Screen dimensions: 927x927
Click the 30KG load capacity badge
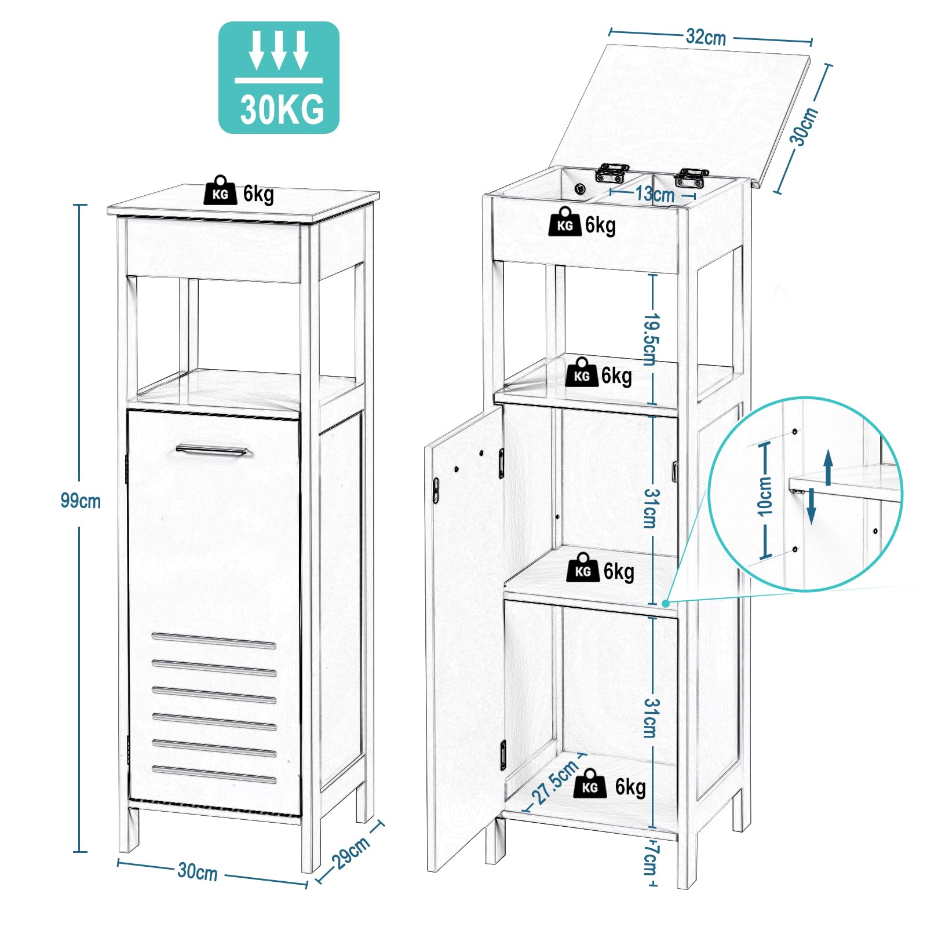click(279, 78)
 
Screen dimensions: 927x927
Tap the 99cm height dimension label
click(81, 501)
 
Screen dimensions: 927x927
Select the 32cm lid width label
click(706, 37)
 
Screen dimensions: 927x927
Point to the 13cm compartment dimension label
click(655, 194)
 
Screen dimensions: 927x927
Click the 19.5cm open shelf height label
click(651, 340)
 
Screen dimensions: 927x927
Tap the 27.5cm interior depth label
click(556, 782)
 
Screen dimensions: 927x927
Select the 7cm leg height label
click(650, 860)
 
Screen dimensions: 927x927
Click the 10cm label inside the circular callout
click(765, 497)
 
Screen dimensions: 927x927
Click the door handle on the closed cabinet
click(212, 450)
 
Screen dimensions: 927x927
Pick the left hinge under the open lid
click(612, 172)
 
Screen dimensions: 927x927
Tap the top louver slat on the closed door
click(214, 640)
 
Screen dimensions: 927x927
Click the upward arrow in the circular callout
click(829, 466)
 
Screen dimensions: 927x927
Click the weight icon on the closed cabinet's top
click(220, 191)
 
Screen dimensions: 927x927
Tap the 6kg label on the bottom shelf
click(630, 787)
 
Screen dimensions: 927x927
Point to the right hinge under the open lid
click(691, 177)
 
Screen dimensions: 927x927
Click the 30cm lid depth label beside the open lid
click(804, 126)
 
